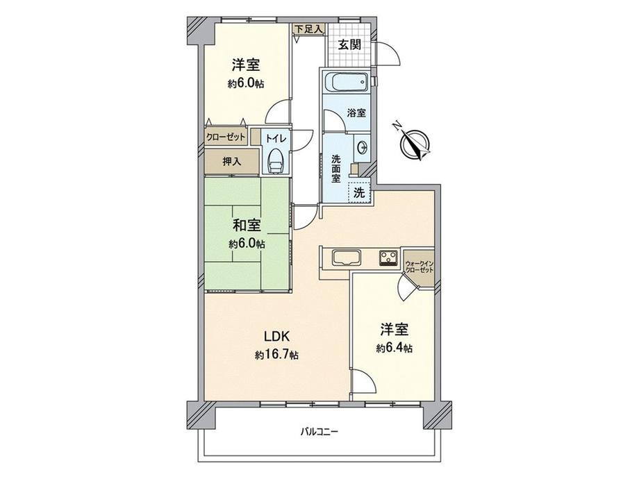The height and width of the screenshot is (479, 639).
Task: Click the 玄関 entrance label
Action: pos(349,46)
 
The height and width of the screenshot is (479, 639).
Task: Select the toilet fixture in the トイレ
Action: pos(276,160)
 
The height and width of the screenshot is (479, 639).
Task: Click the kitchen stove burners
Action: pos(388,258)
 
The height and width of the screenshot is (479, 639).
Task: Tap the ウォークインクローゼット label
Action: pos(419,266)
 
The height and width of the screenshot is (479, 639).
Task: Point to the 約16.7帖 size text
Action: pos(276,355)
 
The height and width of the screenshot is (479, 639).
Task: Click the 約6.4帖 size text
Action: pos(394,348)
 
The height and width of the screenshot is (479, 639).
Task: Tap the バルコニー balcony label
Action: pos(319,431)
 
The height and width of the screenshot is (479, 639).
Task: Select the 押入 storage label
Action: pos(232,162)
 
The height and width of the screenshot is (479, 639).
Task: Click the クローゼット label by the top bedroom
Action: pos(226,137)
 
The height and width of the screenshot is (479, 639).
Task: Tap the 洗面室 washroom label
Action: pos(335,167)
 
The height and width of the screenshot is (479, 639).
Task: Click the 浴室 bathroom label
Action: pos(356,113)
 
